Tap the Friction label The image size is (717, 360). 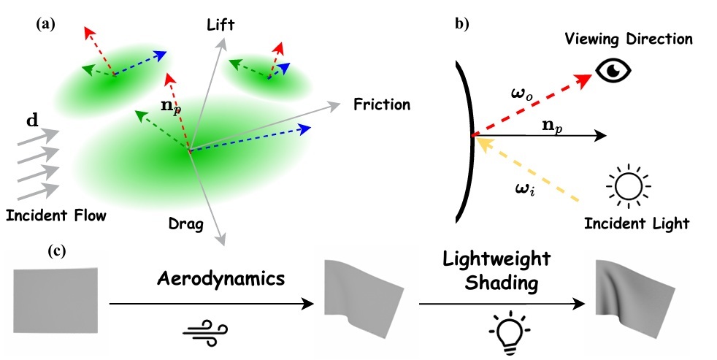[x=380, y=104]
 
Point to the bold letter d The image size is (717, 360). [x=33, y=120]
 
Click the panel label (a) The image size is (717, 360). [x=45, y=23]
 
